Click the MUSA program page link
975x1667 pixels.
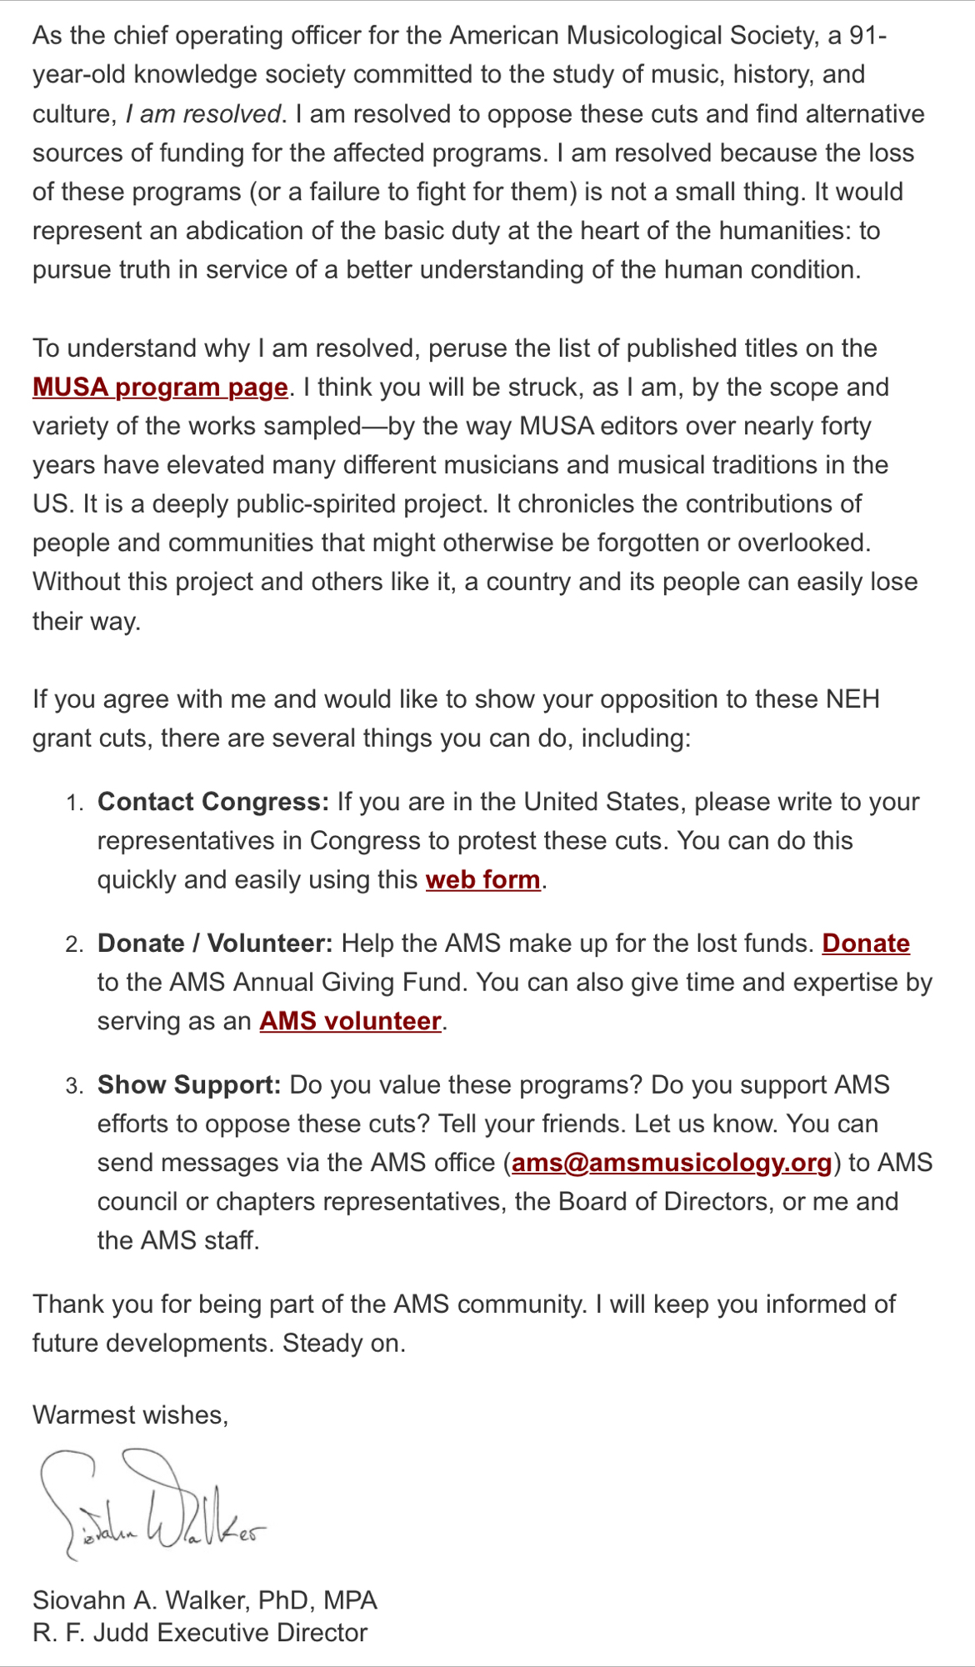click(x=160, y=388)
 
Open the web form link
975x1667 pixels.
click(x=482, y=880)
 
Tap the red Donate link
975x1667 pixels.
click(x=865, y=944)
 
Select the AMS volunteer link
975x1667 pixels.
click(x=350, y=1022)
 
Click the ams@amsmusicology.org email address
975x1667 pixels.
click(x=672, y=1164)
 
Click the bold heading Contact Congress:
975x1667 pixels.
click(x=213, y=802)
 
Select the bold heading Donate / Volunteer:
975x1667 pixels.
click(x=215, y=944)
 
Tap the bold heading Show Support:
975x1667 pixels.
click(x=189, y=1085)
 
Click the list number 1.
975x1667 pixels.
click(x=74, y=803)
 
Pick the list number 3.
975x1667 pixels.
click(x=74, y=1087)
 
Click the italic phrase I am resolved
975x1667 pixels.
click(x=203, y=114)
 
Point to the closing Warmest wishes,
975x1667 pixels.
click(x=131, y=1415)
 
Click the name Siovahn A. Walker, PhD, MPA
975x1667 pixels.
click(x=205, y=1600)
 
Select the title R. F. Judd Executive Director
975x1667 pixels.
click(x=200, y=1633)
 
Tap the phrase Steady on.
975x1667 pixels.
click(x=344, y=1344)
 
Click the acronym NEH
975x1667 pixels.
click(x=852, y=699)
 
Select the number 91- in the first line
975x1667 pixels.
click(x=867, y=36)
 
